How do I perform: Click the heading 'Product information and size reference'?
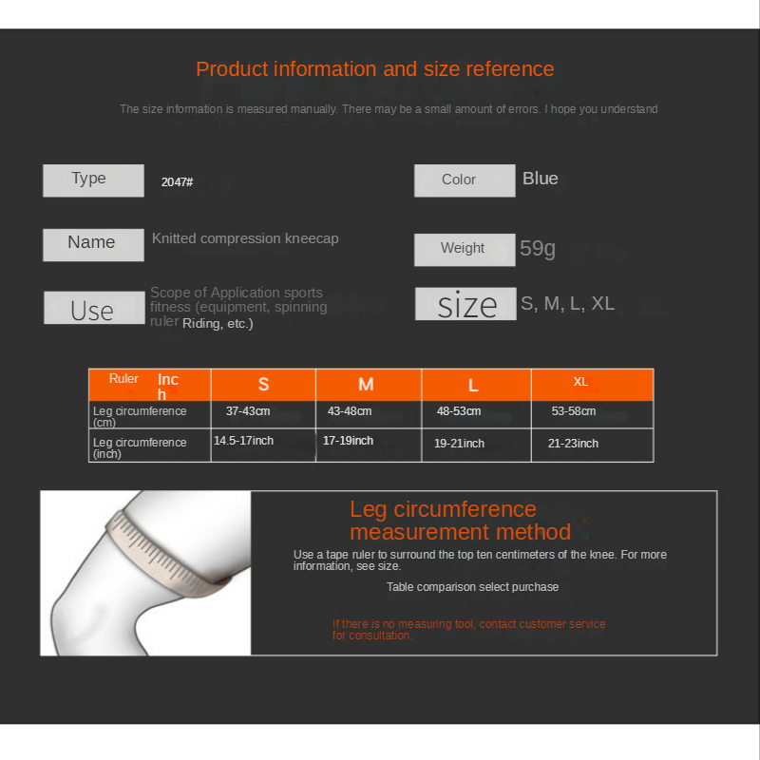[x=374, y=69]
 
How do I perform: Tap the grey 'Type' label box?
[x=93, y=180]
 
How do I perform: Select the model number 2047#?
[x=178, y=181]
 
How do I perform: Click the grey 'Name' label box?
[x=93, y=244]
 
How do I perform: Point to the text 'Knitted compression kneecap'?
[x=245, y=238]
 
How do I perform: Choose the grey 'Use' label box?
[x=93, y=309]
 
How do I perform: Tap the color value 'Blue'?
[x=541, y=179]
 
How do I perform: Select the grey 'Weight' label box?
[x=464, y=249]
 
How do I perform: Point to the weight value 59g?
[x=538, y=249]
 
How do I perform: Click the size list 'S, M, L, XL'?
[x=567, y=304]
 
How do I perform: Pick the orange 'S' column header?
[x=263, y=385]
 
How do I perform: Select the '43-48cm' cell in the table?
[x=350, y=411]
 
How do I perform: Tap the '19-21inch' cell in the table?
[x=459, y=444]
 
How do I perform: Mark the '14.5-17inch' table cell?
[x=243, y=441]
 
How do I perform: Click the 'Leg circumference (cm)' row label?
[x=140, y=416]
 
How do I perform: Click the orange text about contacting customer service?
[x=468, y=629]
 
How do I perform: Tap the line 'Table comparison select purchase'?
[x=472, y=587]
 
